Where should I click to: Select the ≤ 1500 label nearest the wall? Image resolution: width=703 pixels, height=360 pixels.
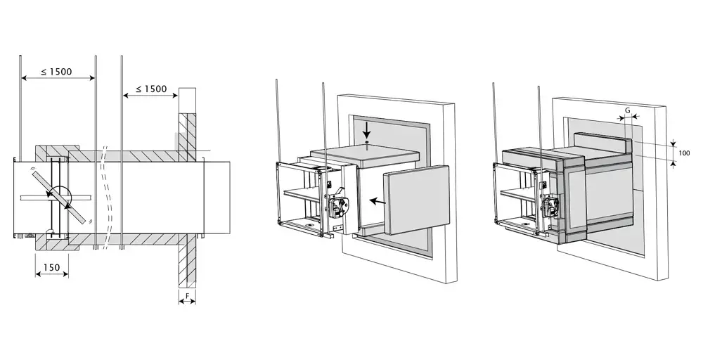(x=151, y=89)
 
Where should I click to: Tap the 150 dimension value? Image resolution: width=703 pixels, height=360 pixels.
(x=51, y=267)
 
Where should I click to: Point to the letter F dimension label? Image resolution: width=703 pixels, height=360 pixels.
(x=187, y=295)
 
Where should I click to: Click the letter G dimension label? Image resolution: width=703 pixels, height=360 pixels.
(x=627, y=110)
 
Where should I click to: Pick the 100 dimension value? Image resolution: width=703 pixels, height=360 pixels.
(x=684, y=153)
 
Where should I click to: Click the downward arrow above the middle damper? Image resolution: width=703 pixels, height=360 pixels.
(x=367, y=131)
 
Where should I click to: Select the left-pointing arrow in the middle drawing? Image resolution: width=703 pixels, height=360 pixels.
(x=378, y=202)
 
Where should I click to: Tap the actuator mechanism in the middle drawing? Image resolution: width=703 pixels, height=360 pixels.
(x=337, y=206)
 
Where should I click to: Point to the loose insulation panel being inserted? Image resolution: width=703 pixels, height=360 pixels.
(x=416, y=200)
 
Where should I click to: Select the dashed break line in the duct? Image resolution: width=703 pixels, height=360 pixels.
(x=106, y=198)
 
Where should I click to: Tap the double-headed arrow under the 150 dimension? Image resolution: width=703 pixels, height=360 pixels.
(x=51, y=274)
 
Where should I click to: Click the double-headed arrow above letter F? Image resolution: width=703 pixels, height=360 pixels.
(x=187, y=302)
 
